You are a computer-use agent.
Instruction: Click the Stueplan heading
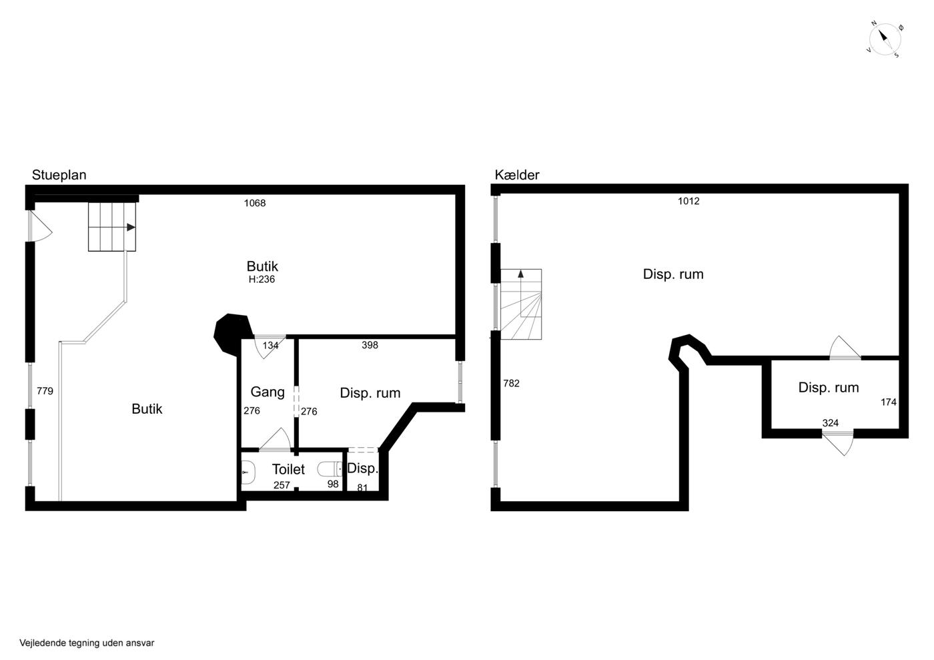pyautogui.click(x=59, y=176)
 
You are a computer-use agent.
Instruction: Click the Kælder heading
pyautogui.click(x=517, y=175)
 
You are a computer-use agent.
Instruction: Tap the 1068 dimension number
pyautogui.click(x=255, y=203)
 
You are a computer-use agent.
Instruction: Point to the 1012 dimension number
pyautogui.click(x=688, y=201)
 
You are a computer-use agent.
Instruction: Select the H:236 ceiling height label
pyautogui.click(x=262, y=279)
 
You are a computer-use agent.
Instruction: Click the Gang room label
pyautogui.click(x=268, y=392)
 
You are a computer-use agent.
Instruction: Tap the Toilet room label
pyautogui.click(x=288, y=469)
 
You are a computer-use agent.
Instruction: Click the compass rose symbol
pyautogui.click(x=885, y=40)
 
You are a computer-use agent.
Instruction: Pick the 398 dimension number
pyautogui.click(x=370, y=345)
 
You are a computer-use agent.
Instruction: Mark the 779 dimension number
pyautogui.click(x=45, y=391)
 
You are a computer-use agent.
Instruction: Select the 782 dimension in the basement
pyautogui.click(x=512, y=384)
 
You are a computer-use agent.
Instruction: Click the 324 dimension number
pyautogui.click(x=831, y=423)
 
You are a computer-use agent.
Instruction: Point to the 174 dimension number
pyautogui.click(x=889, y=402)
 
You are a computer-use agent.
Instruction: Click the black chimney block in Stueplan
pyautogui.click(x=233, y=334)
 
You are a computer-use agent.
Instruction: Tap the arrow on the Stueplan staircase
pyautogui.click(x=131, y=228)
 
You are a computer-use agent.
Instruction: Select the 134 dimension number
pyautogui.click(x=271, y=346)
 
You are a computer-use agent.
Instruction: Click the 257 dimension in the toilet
pyautogui.click(x=282, y=485)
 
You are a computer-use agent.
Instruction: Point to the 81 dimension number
pyautogui.click(x=362, y=487)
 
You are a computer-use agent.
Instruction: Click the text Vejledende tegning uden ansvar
pyautogui.click(x=87, y=643)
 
